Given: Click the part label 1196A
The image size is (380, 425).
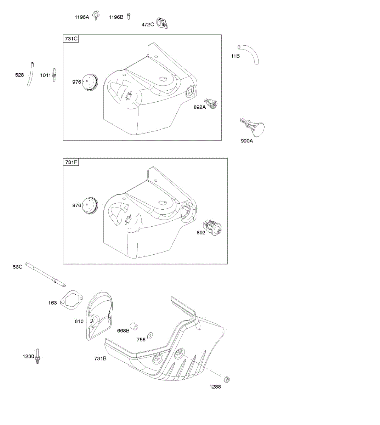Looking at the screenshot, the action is tap(82, 17).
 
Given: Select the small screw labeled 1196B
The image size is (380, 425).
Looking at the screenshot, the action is tap(129, 16).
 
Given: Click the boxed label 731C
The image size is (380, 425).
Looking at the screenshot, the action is tap(71, 39).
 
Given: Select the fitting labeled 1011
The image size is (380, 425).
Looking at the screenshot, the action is tap(54, 75).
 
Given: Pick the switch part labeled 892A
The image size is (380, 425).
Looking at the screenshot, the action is tap(213, 104).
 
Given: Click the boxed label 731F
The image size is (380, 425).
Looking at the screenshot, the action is tap(71, 162).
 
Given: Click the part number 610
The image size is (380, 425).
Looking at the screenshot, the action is tap(79, 321).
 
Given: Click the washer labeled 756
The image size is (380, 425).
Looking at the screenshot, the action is tap(150, 335).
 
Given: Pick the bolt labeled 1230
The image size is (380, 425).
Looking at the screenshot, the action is tap(38, 357).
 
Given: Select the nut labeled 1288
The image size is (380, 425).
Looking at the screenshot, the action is tap(227, 380).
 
